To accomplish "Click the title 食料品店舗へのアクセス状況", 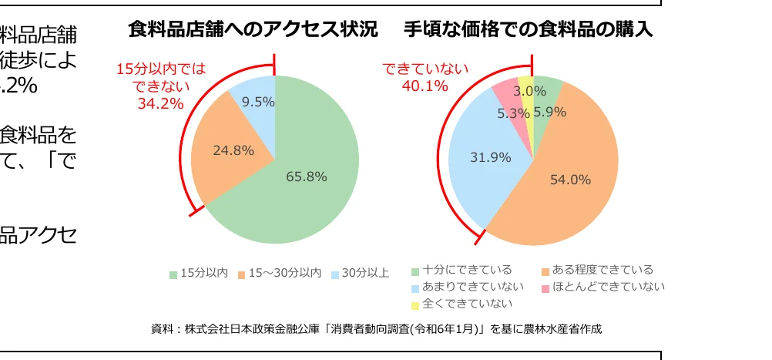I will (x=253, y=30).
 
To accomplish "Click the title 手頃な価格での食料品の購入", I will (x=529, y=30).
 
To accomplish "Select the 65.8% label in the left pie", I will (x=307, y=177).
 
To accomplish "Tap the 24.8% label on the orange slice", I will (x=233, y=150).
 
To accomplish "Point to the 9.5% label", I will (x=258, y=101).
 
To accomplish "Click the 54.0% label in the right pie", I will (x=570, y=180).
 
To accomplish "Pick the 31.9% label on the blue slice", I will (x=491, y=157).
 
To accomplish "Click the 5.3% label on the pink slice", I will (x=513, y=113).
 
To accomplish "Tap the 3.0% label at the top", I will (x=530, y=91).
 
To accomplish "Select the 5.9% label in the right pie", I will (x=549, y=112).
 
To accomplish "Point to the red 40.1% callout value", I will (x=425, y=86).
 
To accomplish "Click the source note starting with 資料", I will (x=376, y=329).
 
